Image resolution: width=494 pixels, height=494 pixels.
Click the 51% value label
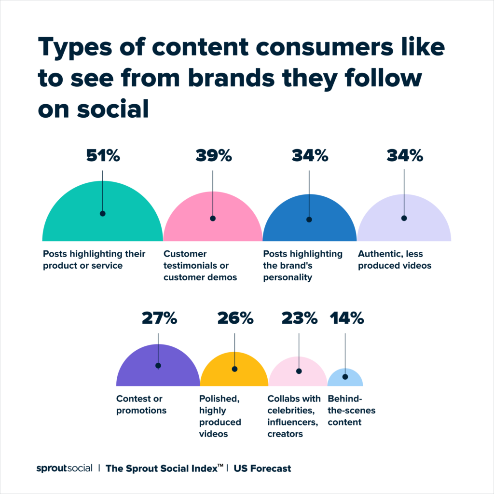point(103,156)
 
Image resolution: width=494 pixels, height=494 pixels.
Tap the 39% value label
point(213,156)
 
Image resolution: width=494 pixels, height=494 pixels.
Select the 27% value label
point(159,318)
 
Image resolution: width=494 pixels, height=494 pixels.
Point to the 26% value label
point(235,318)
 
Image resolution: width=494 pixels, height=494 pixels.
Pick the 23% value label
point(299,318)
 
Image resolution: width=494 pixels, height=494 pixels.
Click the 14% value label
point(346,318)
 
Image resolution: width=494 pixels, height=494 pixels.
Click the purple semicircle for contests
point(140,371)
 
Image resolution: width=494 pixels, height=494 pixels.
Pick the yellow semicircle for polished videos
point(217,376)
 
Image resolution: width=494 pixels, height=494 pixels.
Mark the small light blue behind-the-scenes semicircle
point(345,381)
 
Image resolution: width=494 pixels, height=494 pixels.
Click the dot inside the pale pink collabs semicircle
point(299,371)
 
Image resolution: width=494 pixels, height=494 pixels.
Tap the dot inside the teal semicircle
point(102,213)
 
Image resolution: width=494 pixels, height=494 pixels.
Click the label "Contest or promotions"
point(141,405)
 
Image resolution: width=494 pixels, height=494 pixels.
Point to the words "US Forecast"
point(263,468)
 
